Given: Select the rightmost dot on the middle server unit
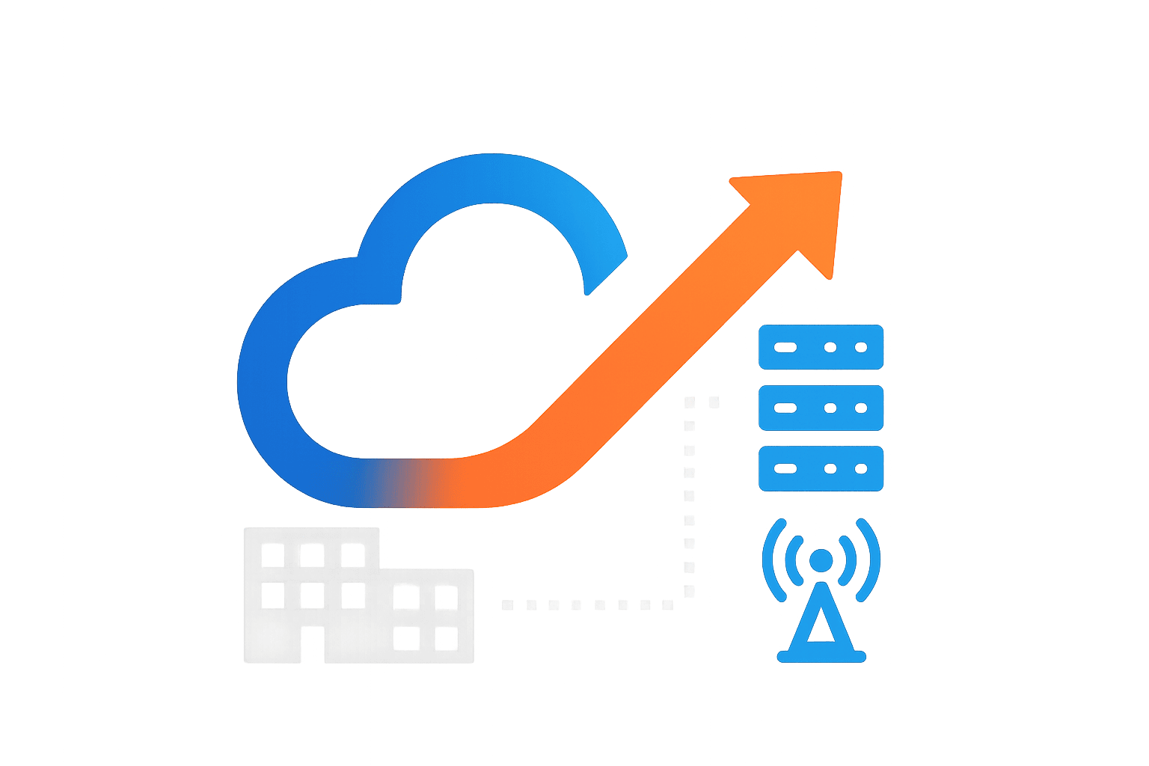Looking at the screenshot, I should (x=861, y=408).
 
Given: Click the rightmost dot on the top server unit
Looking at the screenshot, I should (x=861, y=347).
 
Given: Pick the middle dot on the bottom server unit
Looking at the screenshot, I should (x=830, y=469).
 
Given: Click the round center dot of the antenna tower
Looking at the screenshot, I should (x=821, y=560).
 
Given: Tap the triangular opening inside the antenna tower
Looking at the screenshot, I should (x=821, y=628).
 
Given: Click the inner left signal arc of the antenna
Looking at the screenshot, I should (x=794, y=560).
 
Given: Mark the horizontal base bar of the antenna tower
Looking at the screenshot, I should (x=821, y=657).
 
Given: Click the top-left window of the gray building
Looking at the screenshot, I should (x=272, y=555).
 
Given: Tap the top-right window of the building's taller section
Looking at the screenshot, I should (x=352, y=555).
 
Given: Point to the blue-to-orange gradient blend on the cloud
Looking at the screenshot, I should (x=396, y=482).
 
